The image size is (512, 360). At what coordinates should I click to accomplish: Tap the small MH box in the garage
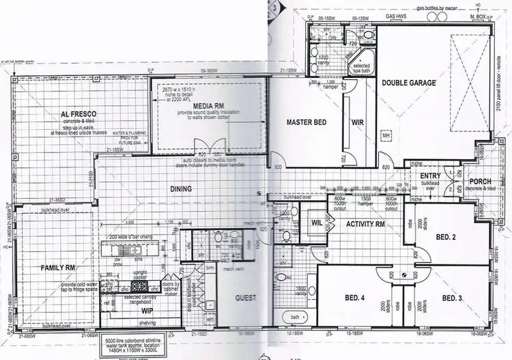pos(386,137)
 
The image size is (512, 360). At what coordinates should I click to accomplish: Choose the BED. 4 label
pos(354,298)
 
